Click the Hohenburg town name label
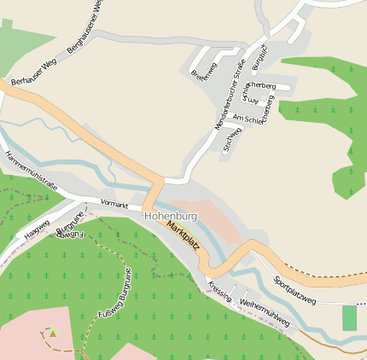171,217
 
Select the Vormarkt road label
114,205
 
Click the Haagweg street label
37,228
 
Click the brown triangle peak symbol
52,333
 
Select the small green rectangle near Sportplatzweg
349,318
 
